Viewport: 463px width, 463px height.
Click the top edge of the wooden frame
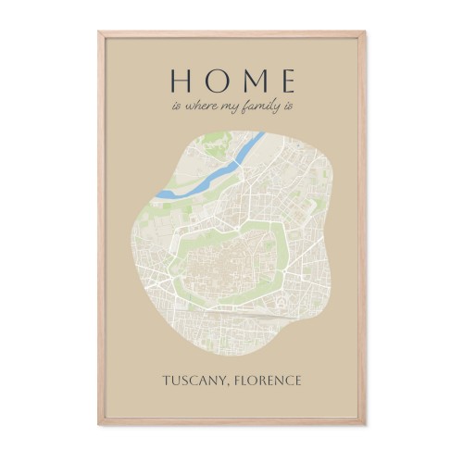(231, 31)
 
